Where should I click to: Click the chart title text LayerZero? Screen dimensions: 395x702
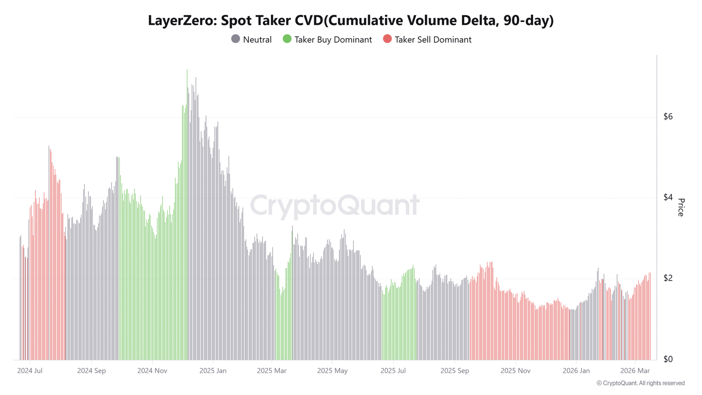(x=182, y=21)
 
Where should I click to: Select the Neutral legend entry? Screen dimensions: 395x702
(x=257, y=39)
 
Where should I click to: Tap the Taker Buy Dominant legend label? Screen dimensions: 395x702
(x=333, y=39)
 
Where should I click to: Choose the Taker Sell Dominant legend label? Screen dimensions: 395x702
(x=433, y=39)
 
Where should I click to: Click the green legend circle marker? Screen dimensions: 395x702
(x=287, y=39)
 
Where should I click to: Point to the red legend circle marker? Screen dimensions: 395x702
(x=387, y=39)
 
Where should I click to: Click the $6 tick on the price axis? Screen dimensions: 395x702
(x=668, y=116)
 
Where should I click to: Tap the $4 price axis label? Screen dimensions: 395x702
(x=668, y=197)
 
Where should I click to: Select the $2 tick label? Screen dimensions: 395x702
(x=668, y=278)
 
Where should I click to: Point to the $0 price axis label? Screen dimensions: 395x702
(x=668, y=359)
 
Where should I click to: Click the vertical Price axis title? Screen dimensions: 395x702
(x=681, y=207)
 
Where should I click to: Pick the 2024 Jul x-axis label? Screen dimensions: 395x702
(x=30, y=370)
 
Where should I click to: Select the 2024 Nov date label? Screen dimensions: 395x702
(x=152, y=370)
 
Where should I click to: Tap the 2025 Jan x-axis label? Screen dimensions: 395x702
(x=213, y=370)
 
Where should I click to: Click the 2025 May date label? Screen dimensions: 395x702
(x=332, y=370)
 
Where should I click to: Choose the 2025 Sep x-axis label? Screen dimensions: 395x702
(x=455, y=370)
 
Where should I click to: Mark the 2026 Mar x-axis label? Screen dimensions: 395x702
(x=635, y=370)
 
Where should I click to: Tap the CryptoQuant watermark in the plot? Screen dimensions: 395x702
(x=335, y=205)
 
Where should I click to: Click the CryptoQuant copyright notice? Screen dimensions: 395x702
(x=640, y=383)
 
